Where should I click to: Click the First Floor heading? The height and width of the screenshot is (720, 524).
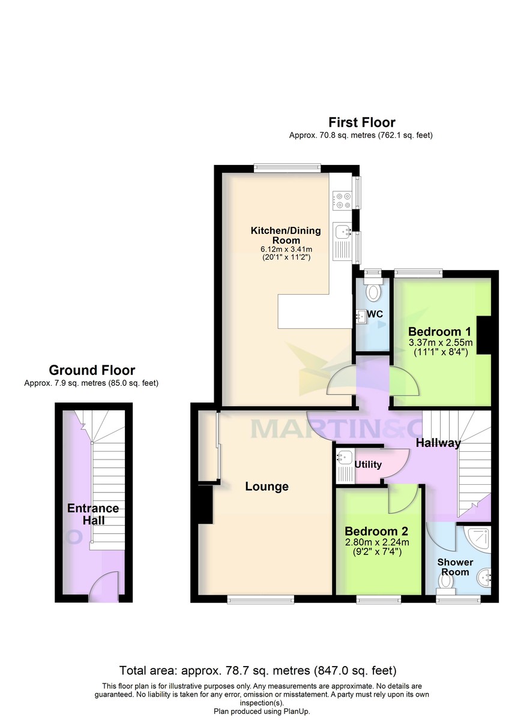pos(361,123)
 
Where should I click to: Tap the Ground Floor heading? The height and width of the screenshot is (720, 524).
pos(92,370)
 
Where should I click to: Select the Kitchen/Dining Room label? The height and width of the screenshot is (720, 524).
pos(285,235)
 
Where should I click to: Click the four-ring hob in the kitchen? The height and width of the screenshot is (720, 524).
pos(342,200)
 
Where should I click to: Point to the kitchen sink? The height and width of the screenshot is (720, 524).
pos(343,230)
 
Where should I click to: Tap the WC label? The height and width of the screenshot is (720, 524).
pos(375,314)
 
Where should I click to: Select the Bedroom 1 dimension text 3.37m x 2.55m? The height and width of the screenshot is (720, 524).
pos(441,343)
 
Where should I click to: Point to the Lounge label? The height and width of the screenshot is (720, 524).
pos(267,487)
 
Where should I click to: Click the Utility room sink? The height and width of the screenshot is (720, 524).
pos(345,457)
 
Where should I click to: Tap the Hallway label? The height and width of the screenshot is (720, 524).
pos(439,443)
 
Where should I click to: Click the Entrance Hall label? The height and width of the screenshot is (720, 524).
pos(92,515)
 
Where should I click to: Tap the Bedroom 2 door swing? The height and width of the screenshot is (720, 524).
pos(402,500)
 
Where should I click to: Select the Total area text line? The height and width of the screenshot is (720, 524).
pos(257,670)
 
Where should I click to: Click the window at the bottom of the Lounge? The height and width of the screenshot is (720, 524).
pos(260,598)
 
